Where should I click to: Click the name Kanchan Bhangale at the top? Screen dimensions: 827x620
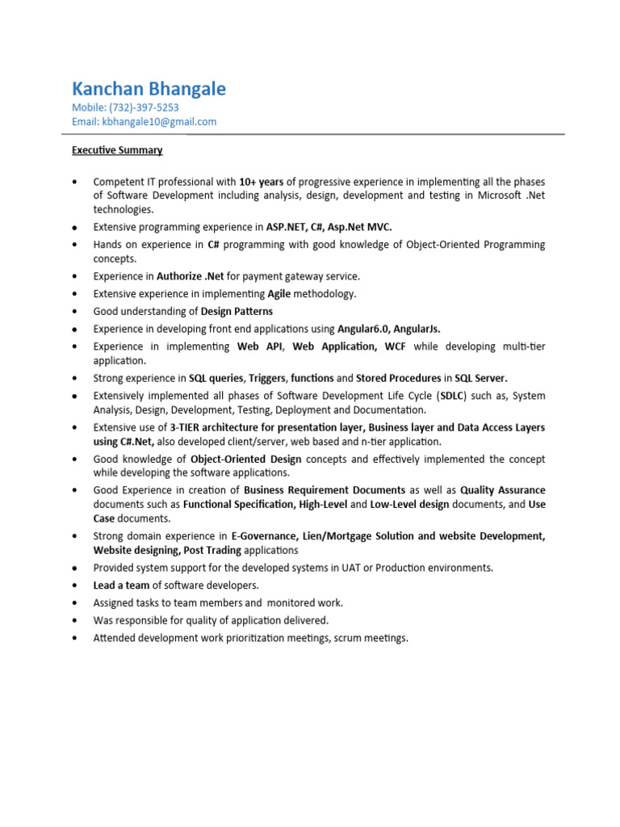pos(149,88)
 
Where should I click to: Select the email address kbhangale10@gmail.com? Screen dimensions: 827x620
pos(158,122)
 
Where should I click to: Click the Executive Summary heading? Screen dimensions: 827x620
pos(117,150)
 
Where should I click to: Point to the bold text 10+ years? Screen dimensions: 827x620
pos(262,182)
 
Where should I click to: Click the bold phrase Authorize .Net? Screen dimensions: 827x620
pos(191,276)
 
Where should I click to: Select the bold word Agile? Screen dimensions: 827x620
pos(279,294)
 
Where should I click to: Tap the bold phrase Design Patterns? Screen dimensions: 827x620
pos(237,312)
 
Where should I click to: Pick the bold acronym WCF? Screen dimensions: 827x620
pos(395,346)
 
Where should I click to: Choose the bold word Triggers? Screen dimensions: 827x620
pos(266,378)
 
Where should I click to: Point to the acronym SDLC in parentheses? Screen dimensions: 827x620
pos(450,396)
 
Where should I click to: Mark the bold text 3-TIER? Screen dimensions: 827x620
pos(191,427)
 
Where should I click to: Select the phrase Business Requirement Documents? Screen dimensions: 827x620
pos(325,490)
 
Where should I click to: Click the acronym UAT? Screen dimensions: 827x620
pos(352,568)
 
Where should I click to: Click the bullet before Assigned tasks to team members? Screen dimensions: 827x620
pos(75,603)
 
